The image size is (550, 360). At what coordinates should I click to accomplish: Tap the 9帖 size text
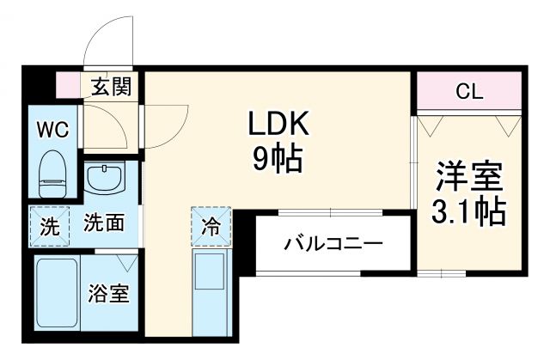[278, 159]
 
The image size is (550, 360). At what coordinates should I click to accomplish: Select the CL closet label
[468, 89]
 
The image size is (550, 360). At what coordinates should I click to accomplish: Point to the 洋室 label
[467, 175]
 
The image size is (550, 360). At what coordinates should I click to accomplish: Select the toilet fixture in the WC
[53, 172]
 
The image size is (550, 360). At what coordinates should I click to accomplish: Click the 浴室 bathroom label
[109, 294]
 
